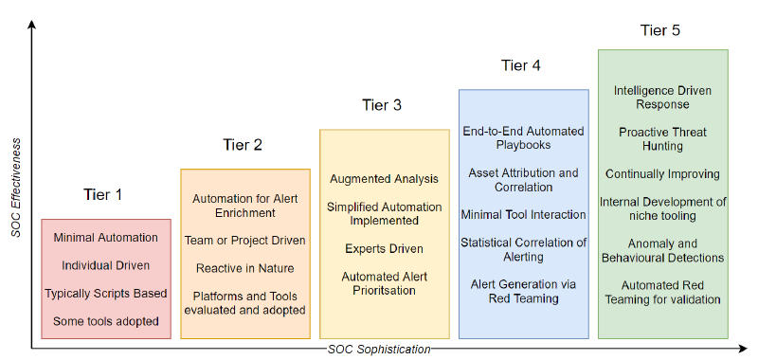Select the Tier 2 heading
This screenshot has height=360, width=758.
pos(243,145)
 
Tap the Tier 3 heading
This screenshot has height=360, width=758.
pos(382,105)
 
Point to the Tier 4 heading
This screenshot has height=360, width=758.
pos(521,65)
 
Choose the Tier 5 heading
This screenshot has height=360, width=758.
pos(660,30)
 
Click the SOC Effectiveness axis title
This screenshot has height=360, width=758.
pos(16,189)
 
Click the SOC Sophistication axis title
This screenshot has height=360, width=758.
pos(379,350)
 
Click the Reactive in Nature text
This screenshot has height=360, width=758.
pos(244,268)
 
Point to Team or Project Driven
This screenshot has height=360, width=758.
pos(244,241)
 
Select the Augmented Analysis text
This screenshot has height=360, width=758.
pos(384,179)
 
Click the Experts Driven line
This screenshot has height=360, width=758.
pos(384,248)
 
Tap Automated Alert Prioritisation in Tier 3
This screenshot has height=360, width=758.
pos(384,282)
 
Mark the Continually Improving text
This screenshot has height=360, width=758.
pos(662,174)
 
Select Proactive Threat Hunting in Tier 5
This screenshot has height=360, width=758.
pos(662,139)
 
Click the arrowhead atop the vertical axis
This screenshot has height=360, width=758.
pos(32,26)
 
